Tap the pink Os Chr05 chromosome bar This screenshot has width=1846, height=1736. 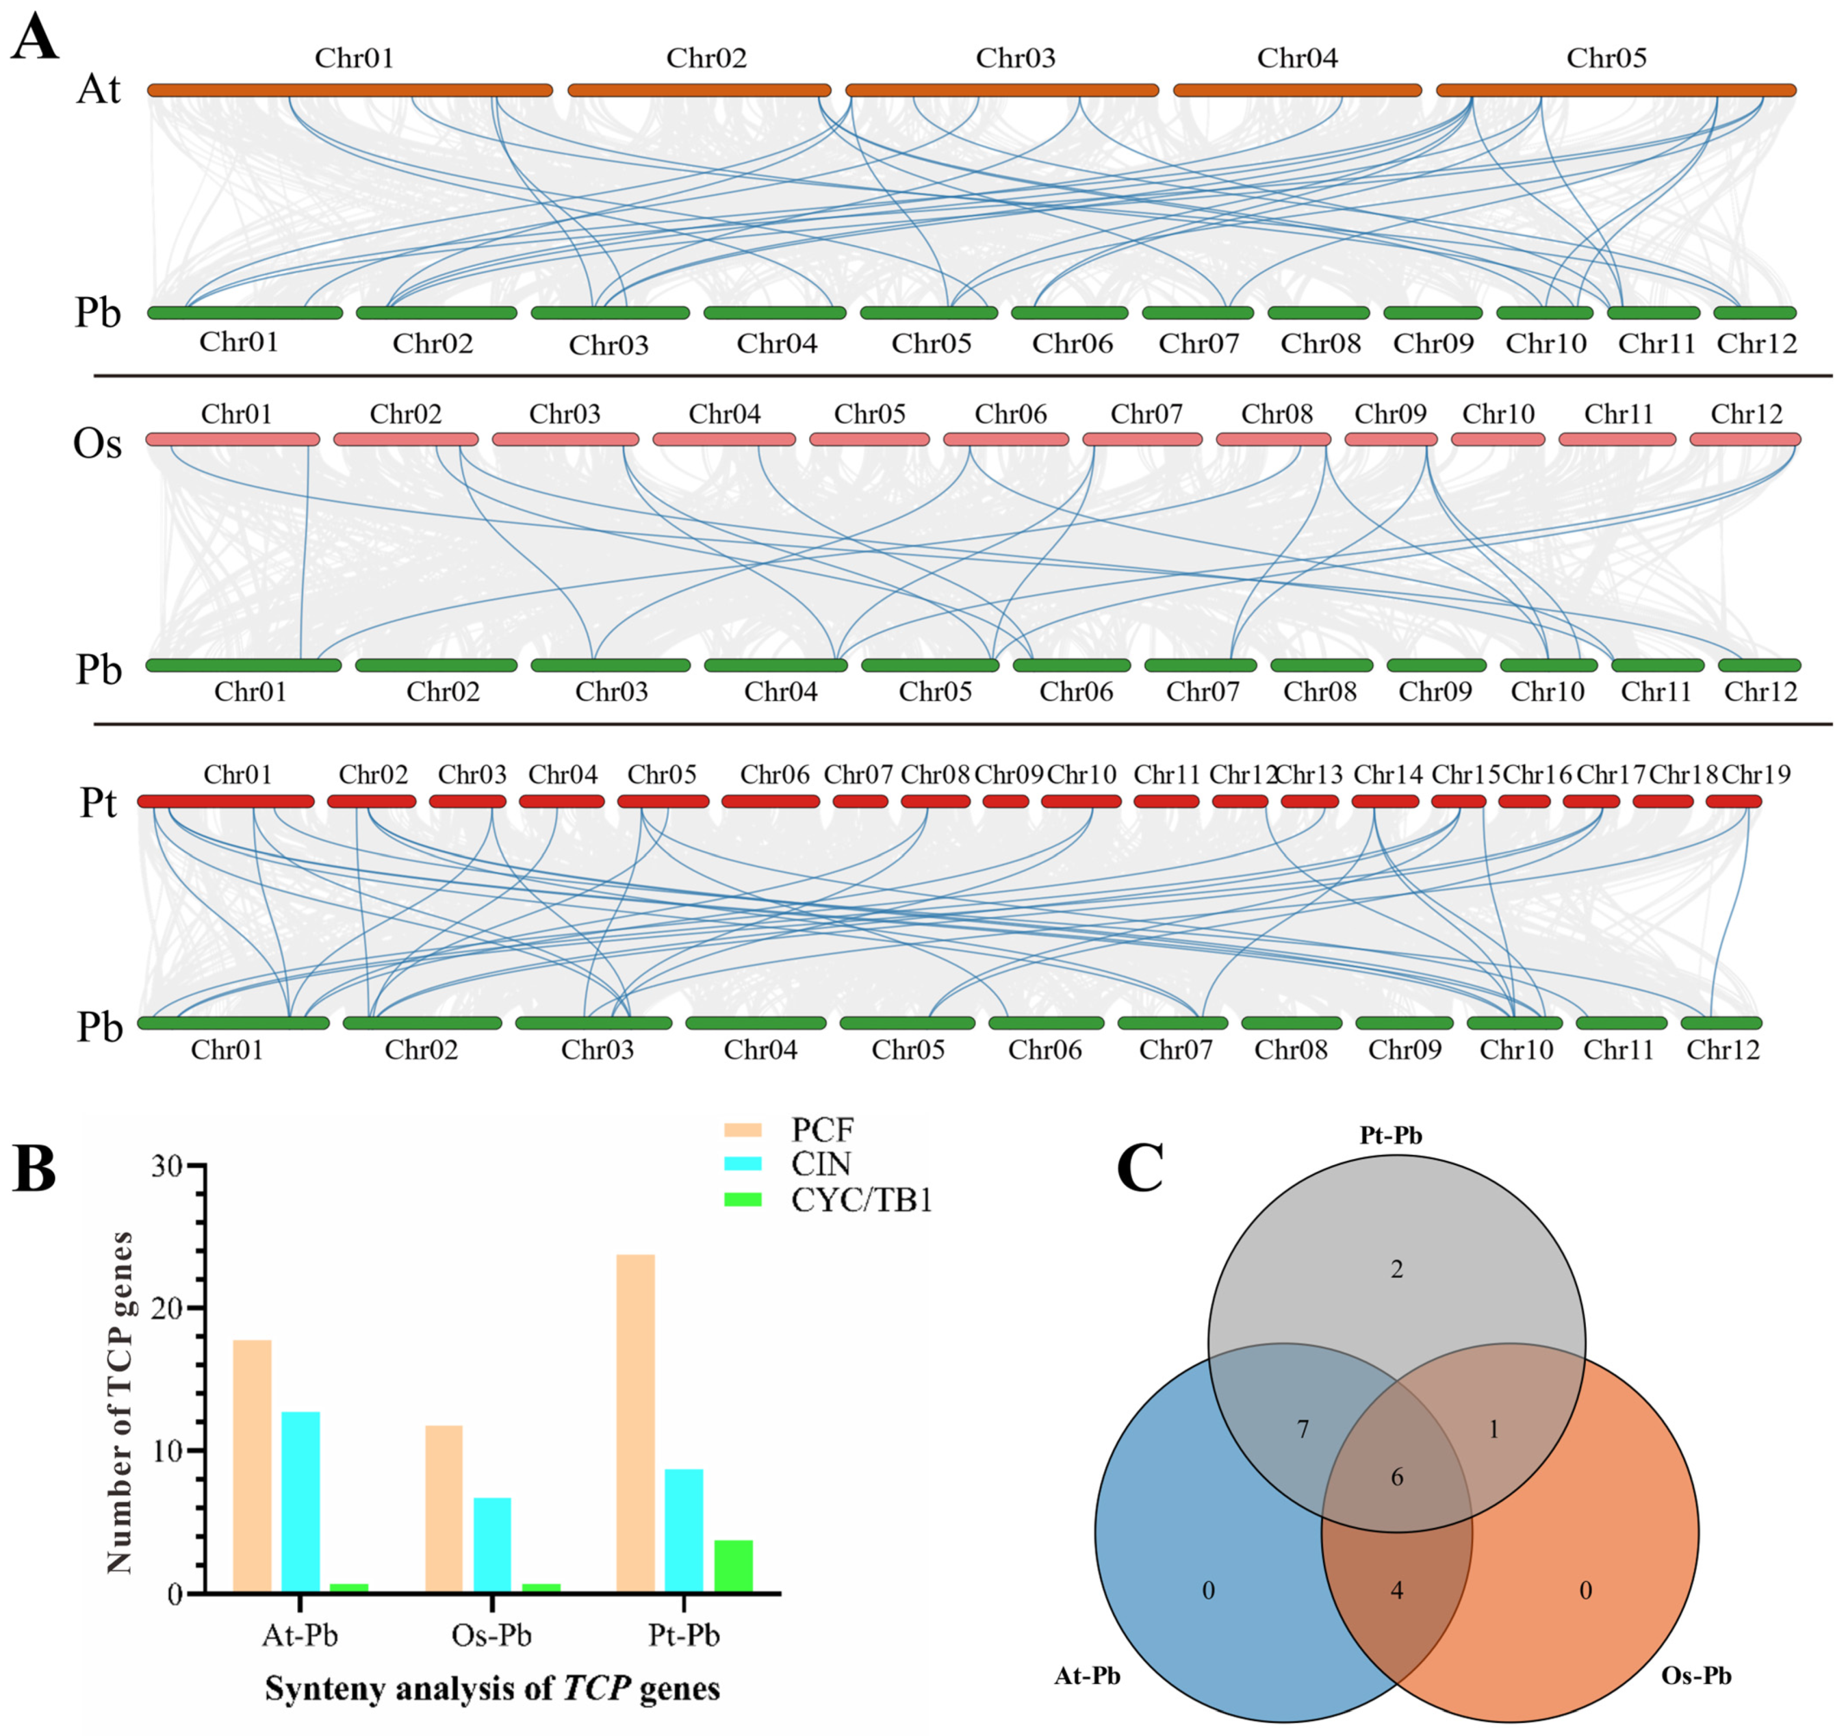click(x=869, y=439)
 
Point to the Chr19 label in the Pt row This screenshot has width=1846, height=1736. click(x=1756, y=774)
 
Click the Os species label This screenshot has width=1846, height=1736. click(x=98, y=443)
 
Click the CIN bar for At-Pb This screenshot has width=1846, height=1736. click(x=301, y=1502)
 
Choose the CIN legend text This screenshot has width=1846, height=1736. click(x=821, y=1164)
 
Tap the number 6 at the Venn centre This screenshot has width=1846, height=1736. click(x=1396, y=1477)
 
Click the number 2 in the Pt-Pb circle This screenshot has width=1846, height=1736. click(x=1396, y=1269)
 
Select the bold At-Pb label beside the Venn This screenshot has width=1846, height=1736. click(x=1087, y=1676)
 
